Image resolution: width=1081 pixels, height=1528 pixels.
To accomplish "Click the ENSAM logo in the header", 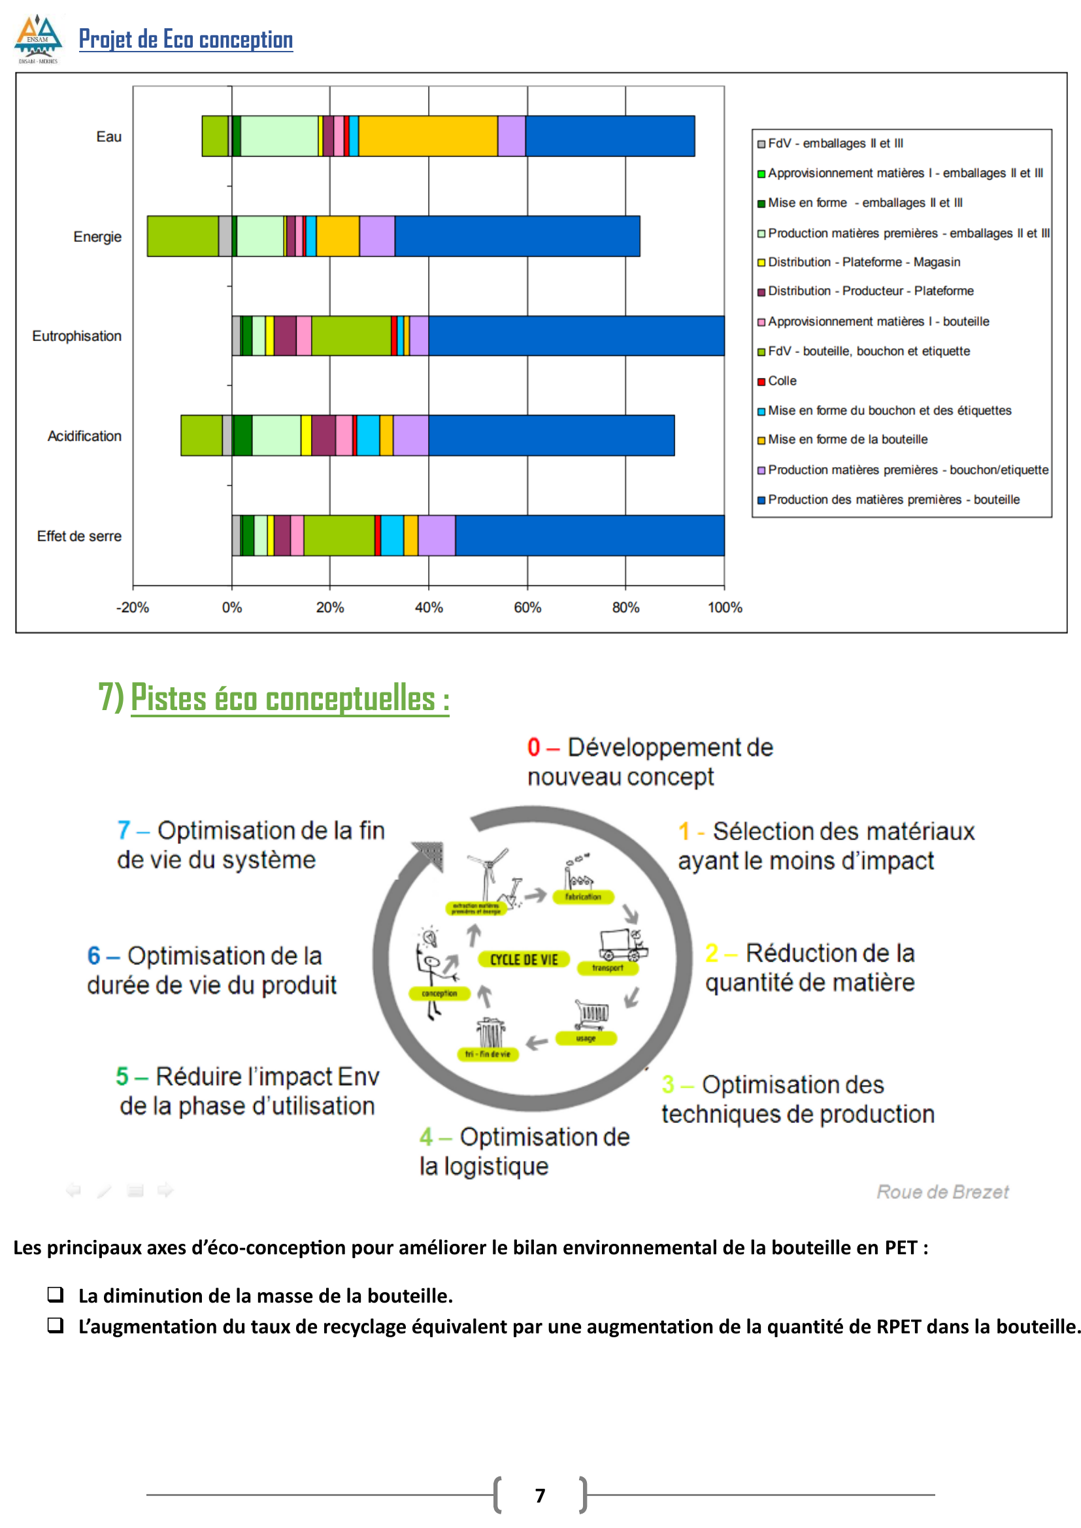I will [38, 39].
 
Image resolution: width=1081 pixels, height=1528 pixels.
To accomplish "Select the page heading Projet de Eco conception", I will [186, 40].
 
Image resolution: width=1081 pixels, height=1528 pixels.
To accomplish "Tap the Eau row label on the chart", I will [108, 137].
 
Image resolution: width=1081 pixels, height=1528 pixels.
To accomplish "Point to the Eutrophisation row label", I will [76, 336].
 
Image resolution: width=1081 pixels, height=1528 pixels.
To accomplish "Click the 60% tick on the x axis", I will [527, 607].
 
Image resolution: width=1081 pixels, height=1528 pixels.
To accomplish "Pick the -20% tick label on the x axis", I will [133, 607].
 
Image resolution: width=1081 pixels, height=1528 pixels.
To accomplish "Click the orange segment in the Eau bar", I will [428, 137].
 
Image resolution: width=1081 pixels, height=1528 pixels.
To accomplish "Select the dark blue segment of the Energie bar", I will [517, 236].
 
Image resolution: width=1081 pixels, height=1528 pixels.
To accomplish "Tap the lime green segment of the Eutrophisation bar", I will [351, 336].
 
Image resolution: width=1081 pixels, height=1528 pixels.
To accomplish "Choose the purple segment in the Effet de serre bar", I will [437, 536].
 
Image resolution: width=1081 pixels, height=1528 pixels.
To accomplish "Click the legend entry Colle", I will [782, 381].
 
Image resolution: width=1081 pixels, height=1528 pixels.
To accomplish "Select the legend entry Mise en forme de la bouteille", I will [848, 439].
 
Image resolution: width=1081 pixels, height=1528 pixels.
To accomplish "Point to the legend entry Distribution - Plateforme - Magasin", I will [863, 262].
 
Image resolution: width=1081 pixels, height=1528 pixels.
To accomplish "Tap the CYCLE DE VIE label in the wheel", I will [524, 960].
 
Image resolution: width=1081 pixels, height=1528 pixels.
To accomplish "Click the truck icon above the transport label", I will [622, 945].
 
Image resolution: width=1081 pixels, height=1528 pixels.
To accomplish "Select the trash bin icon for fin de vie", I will [491, 1033].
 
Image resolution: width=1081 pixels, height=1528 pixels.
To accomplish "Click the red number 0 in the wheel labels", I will [533, 747].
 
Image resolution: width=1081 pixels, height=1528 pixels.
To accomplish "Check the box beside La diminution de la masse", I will [56, 1294].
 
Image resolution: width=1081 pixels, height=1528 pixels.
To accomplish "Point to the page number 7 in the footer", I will [540, 1495].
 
